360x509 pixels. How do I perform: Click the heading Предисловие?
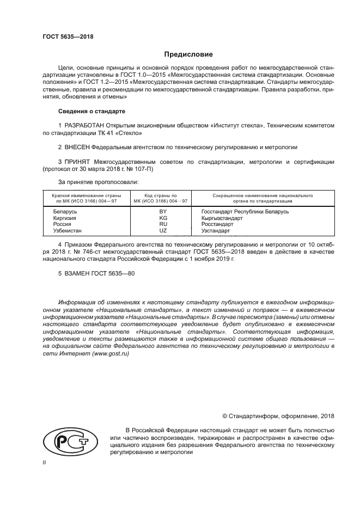point(189,54)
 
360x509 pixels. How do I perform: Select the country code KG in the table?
point(162,217)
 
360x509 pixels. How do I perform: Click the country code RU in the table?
point(162,224)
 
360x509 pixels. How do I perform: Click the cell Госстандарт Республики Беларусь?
point(245,211)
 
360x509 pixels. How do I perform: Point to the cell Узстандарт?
point(216,230)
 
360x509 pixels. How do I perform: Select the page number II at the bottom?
point(45,462)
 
